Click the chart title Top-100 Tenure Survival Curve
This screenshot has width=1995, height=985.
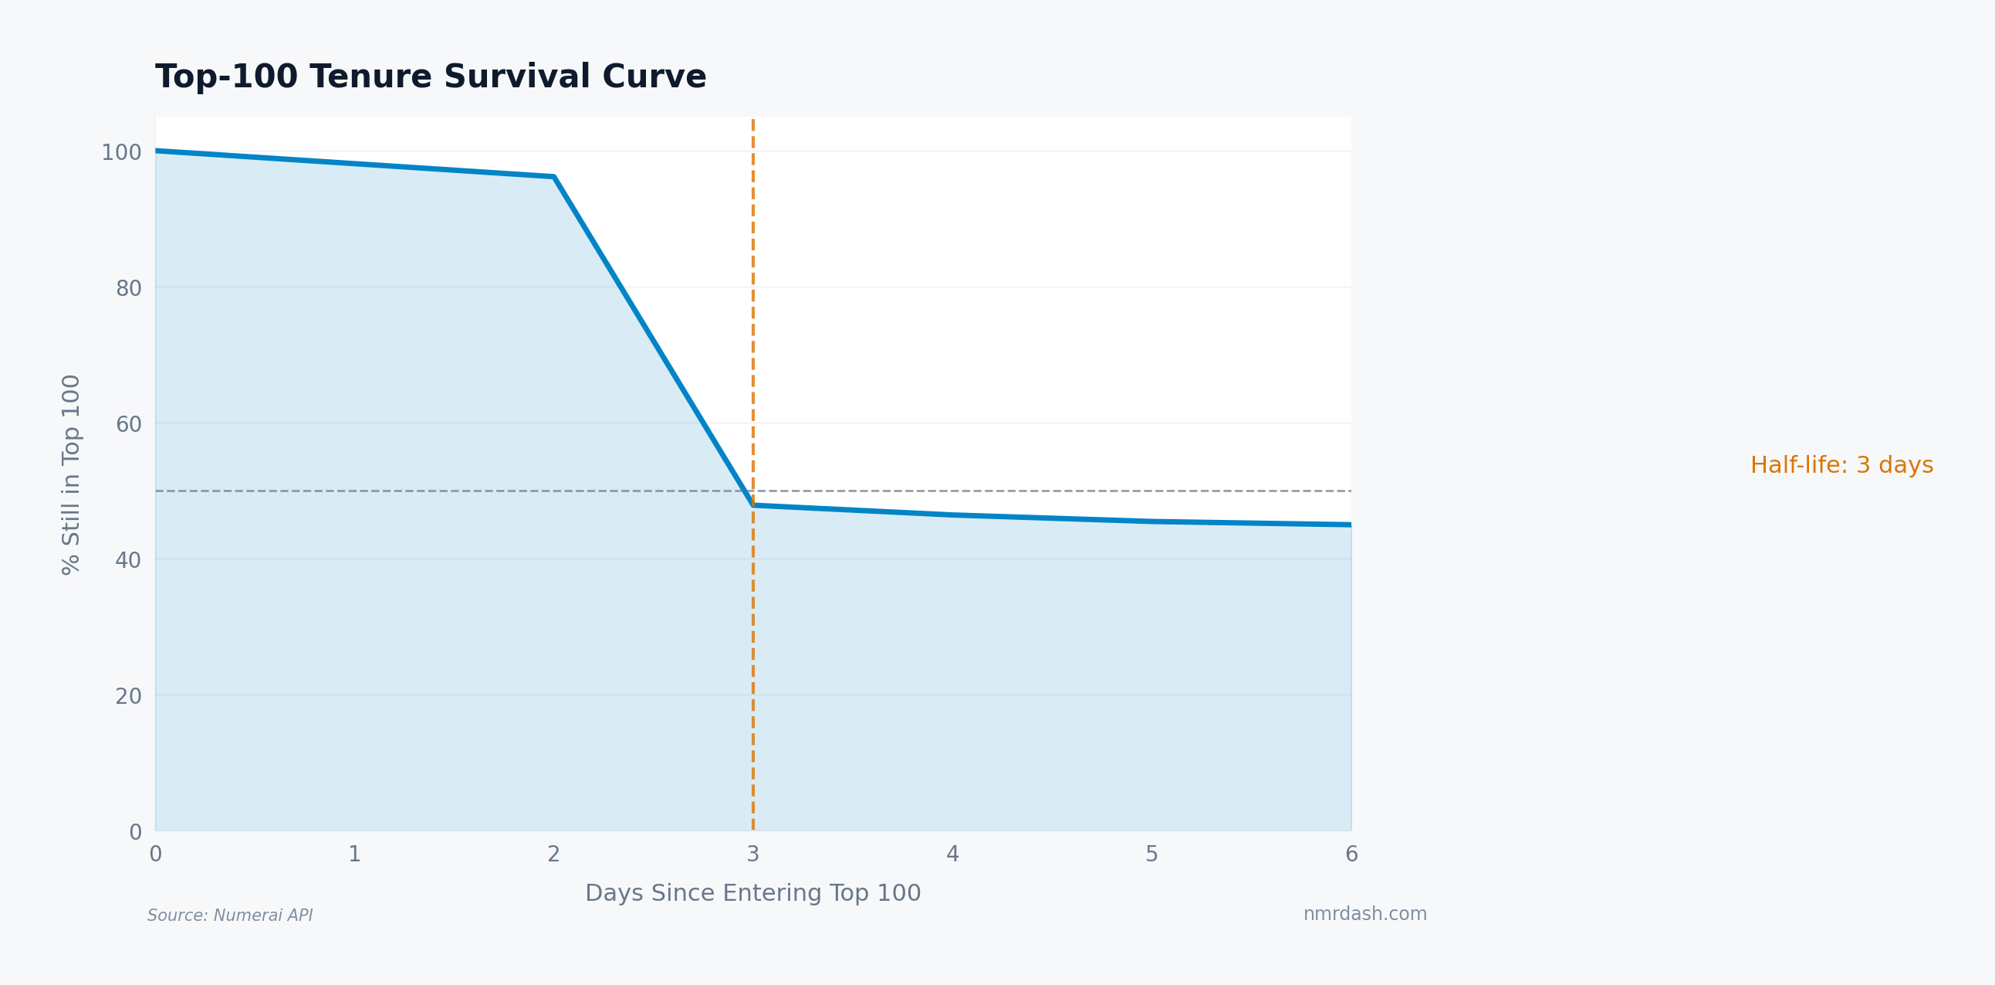431,76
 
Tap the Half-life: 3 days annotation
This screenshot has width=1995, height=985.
1841,465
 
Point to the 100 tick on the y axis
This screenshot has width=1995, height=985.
122,153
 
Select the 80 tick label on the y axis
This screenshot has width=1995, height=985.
129,288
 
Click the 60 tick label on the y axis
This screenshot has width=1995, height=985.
129,425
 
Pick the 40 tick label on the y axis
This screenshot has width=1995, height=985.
129,560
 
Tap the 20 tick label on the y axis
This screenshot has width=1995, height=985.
129,697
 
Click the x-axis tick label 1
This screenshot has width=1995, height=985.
355,854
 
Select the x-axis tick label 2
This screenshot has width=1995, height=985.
553,854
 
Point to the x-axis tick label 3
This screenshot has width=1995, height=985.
752,854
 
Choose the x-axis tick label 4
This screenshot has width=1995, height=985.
952,854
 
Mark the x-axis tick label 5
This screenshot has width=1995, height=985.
1151,854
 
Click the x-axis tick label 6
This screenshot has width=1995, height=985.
1351,854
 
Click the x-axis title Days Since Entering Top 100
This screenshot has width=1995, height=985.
752,893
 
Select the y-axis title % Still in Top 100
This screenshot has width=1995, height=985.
71,474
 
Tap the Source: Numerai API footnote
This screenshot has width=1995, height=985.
230,915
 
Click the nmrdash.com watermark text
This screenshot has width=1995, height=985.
1364,914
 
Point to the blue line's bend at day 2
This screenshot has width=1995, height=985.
553,177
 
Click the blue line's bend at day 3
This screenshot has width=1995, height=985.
752,505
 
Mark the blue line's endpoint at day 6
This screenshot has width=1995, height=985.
1350,525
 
